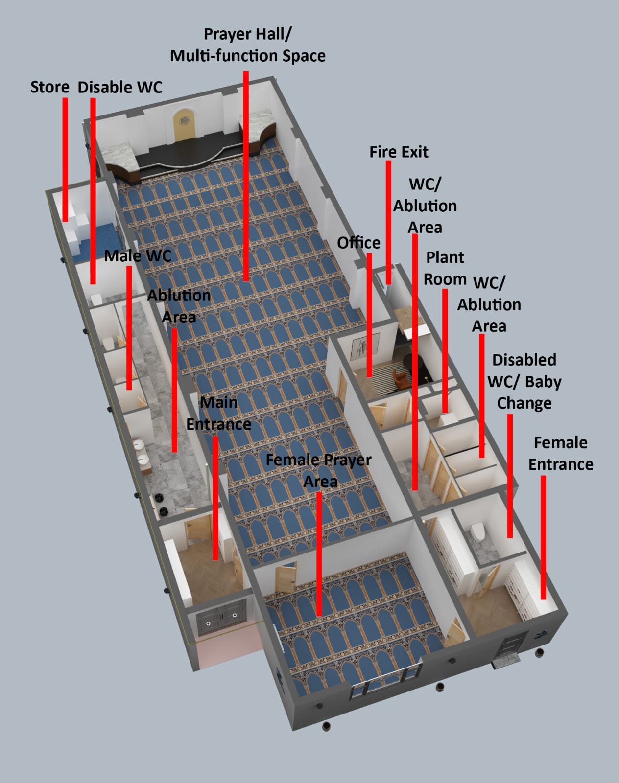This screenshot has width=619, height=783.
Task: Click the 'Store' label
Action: [49, 87]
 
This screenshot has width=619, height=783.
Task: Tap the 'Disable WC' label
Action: [120, 87]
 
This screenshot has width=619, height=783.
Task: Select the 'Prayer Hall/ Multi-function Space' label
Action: [247, 45]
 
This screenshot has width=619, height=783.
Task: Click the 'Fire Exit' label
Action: [399, 152]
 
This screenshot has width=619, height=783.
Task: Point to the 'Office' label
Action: [358, 242]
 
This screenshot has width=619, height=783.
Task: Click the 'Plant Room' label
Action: [445, 268]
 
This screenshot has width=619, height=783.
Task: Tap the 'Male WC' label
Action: [138, 255]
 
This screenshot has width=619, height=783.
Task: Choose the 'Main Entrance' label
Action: [218, 413]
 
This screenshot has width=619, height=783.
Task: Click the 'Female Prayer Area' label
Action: [319, 470]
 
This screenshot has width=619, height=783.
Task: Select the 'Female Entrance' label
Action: [560, 453]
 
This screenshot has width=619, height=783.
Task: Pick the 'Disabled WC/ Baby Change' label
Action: [524, 381]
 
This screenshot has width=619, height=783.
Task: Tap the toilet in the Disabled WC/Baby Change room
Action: [476, 531]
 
